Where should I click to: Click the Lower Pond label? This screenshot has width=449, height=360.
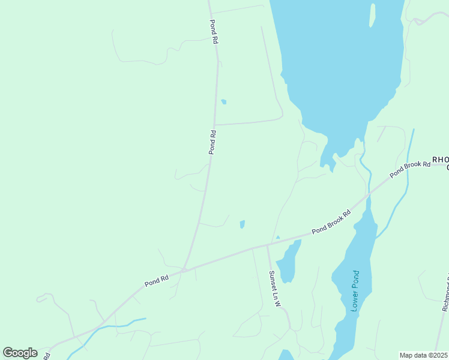click(355, 291)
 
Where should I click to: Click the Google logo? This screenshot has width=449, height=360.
click(20, 353)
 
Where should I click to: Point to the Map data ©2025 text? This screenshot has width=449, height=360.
click(423, 355)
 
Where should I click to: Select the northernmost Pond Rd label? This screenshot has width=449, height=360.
click(213, 32)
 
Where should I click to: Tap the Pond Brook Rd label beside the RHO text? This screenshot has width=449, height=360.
click(410, 169)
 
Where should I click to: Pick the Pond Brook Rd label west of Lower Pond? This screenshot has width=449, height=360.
click(331, 222)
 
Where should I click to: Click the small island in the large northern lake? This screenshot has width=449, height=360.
click(372, 15)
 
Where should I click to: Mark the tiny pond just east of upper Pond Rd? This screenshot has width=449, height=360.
click(224, 102)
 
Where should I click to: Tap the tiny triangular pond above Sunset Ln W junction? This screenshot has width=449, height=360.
click(277, 237)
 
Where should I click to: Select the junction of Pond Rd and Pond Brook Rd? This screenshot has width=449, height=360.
click(184, 270)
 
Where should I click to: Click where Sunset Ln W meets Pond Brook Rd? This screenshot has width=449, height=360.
click(267, 245)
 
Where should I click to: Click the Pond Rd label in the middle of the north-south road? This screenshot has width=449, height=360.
click(212, 142)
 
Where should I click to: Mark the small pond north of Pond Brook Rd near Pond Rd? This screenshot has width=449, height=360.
click(242, 224)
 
